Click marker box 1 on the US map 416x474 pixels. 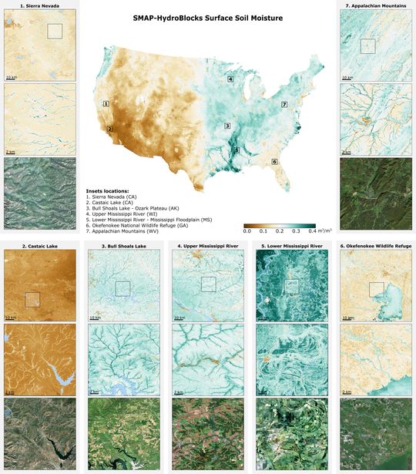point(106,103)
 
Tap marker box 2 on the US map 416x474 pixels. point(110,129)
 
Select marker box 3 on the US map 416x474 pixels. point(227,125)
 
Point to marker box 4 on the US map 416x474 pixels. point(230,79)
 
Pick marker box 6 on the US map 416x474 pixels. point(274,162)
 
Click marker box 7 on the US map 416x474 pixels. point(284,104)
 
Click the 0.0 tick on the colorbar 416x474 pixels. point(247,230)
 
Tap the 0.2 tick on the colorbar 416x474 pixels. point(280,230)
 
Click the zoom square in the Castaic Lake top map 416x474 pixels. point(32,299)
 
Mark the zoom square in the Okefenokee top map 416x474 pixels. point(376,289)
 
